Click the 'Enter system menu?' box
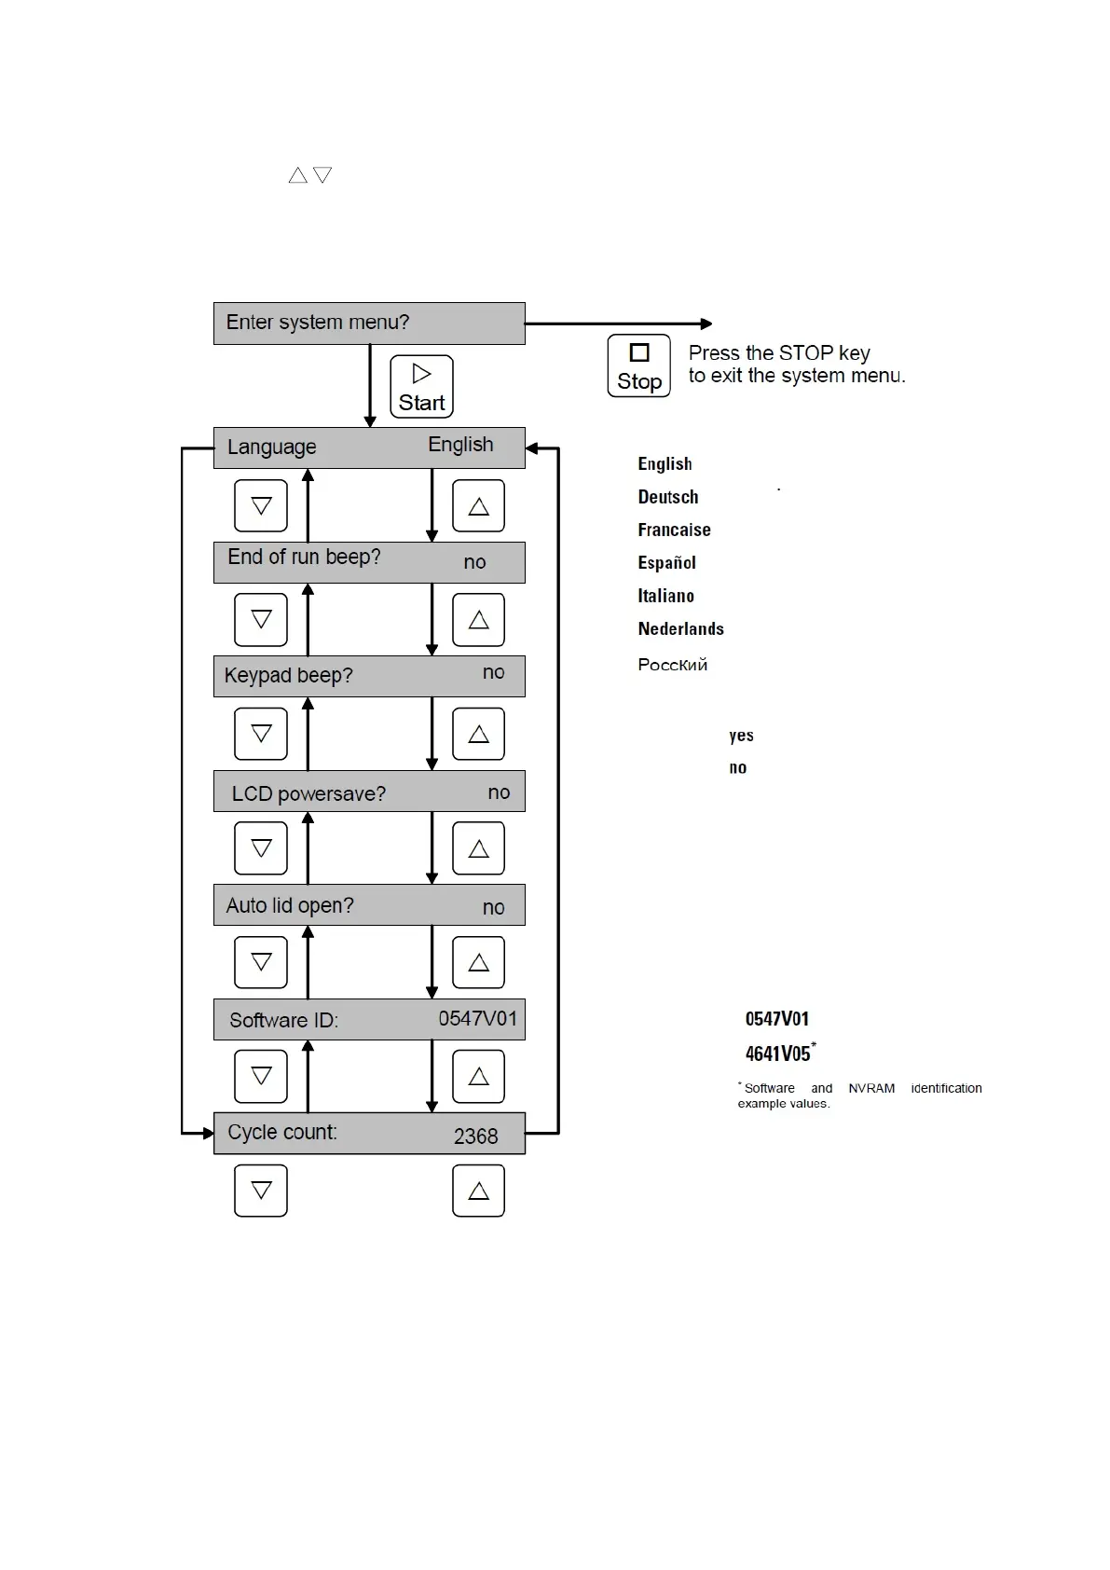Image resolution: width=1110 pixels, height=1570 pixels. pos(369,324)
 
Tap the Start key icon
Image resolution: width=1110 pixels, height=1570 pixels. pos(421,386)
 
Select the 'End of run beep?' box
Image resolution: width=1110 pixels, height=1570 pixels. pos(369,562)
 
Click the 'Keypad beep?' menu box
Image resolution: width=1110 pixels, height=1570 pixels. pos(369,676)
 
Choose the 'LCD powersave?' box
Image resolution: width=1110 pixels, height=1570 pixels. pos(369,792)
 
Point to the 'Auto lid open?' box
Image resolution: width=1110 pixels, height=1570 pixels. pos(369,905)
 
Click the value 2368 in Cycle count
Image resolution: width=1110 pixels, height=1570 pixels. pos(475,1136)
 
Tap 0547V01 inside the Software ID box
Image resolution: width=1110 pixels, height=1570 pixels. pos(477,1019)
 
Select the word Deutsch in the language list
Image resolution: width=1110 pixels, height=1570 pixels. pos(667,497)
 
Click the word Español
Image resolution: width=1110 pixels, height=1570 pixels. pos(666,562)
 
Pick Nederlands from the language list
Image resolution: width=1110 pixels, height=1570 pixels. pos(680,628)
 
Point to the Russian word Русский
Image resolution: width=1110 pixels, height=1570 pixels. pos(672,665)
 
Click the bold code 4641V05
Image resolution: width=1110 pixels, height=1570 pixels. pos(777,1054)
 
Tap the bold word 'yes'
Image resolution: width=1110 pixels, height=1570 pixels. pos(741,736)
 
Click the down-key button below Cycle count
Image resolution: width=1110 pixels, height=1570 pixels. pos(261,1191)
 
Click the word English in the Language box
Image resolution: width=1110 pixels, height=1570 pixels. pos(460,445)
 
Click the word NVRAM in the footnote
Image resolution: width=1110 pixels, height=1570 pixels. pos(870,1088)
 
